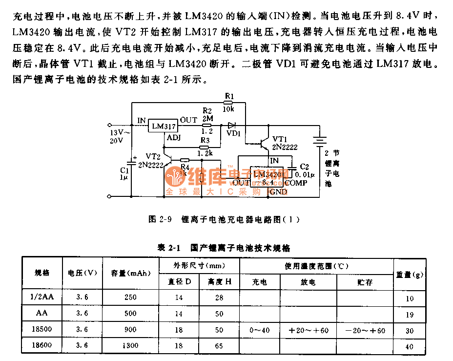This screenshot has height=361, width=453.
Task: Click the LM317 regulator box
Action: [x=164, y=126]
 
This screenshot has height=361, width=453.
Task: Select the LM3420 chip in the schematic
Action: [x=268, y=178]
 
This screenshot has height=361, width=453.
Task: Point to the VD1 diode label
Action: [x=234, y=133]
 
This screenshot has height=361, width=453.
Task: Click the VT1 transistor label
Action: [x=280, y=139]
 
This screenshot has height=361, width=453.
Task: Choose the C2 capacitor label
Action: [x=304, y=167]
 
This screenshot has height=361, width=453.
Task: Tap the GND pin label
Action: [x=278, y=192]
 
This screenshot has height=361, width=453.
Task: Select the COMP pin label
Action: [x=296, y=183]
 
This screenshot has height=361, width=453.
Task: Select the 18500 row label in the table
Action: [x=42, y=330]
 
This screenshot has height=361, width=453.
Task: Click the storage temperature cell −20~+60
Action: [x=365, y=331]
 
